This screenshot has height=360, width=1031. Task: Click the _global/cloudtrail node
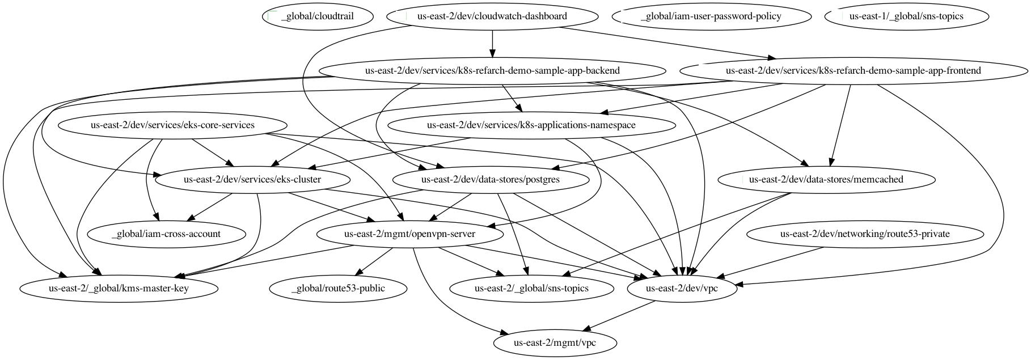point(318,16)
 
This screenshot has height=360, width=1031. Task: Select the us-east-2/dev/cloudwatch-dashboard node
point(492,16)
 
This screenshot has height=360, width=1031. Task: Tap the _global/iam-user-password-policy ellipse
point(711,16)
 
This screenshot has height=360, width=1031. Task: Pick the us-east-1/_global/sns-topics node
point(906,16)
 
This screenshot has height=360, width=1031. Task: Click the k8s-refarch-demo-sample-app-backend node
point(492,71)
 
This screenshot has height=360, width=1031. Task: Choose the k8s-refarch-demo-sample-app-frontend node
point(853,71)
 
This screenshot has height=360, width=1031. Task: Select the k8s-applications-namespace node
point(531,125)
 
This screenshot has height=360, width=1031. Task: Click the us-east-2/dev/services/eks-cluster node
point(252,180)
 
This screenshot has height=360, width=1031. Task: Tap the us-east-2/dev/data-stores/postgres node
point(490,180)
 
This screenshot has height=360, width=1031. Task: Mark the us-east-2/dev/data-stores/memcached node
point(826,180)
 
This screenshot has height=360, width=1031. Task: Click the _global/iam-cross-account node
point(166,234)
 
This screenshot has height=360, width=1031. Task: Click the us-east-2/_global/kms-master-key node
point(119,289)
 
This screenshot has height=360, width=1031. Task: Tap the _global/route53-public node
point(338,289)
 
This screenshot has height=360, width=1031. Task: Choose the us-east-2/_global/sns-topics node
point(531,289)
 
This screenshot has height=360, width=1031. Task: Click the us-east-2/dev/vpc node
point(682,289)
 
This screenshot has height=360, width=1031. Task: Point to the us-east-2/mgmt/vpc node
point(555,343)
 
